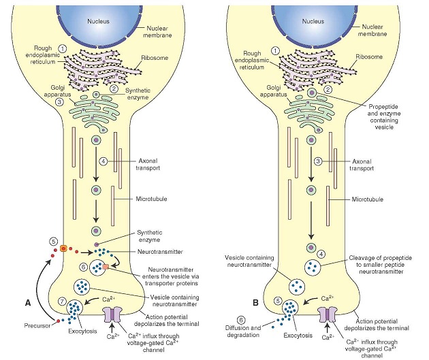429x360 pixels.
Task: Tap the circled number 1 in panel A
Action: [62, 49]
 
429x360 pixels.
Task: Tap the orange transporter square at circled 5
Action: [63, 248]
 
